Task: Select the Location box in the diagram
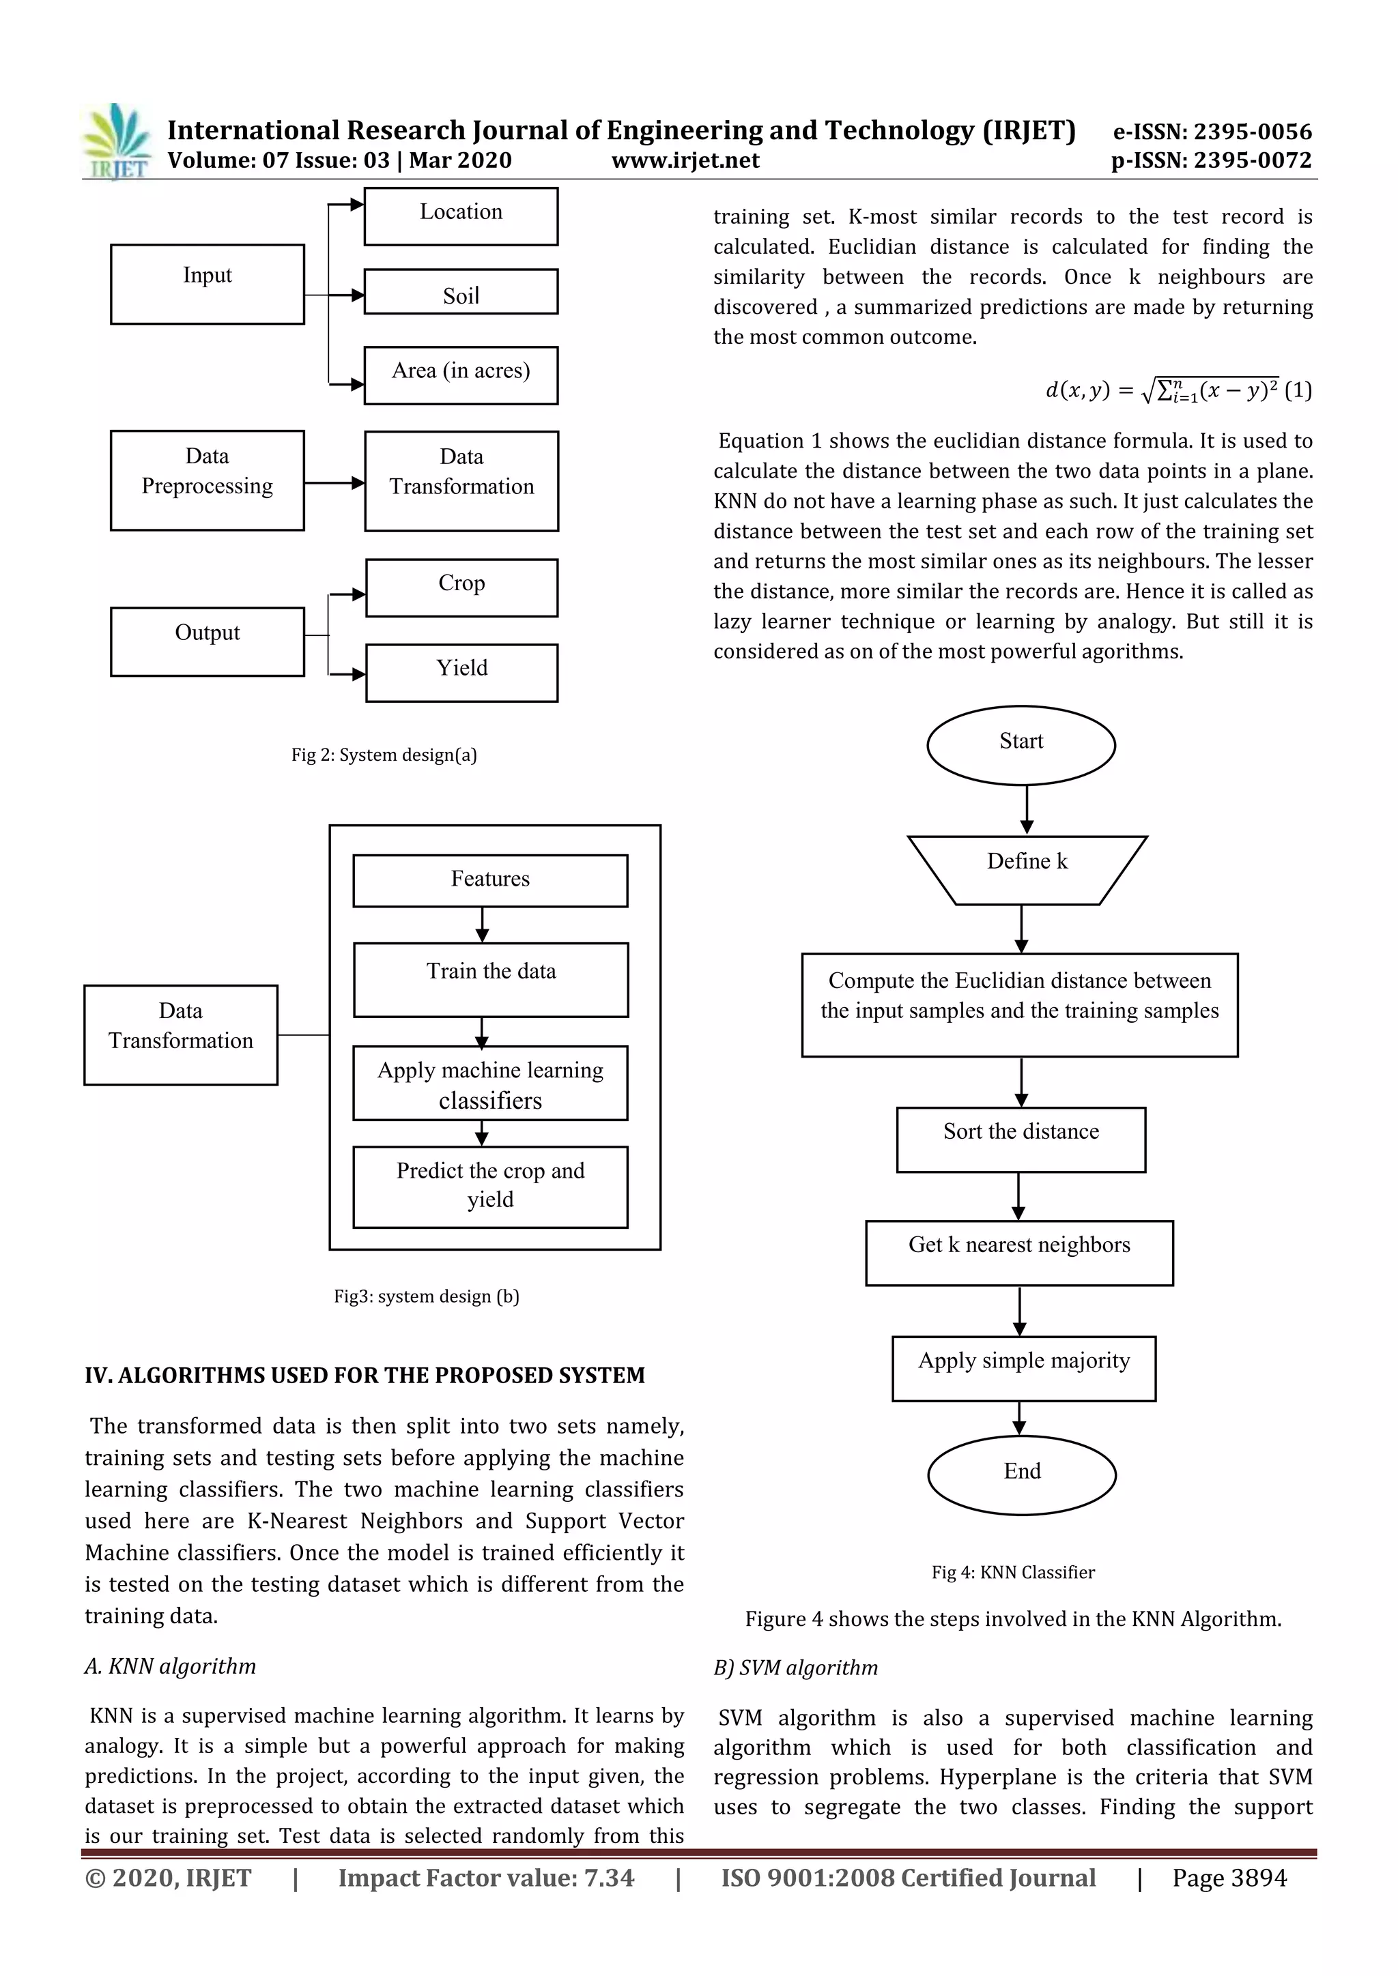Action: click(x=461, y=216)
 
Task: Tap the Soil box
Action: click(x=461, y=292)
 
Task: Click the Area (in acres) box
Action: click(x=461, y=375)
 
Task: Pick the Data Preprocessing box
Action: click(x=207, y=480)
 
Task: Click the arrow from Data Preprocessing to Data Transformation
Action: click(x=334, y=483)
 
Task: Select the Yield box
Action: click(x=461, y=672)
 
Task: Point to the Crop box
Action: click(x=461, y=587)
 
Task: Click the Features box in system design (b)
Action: click(x=490, y=880)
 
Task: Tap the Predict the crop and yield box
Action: click(x=490, y=1186)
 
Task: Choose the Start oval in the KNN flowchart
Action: click(x=1021, y=744)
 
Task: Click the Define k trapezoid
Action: click(x=1027, y=869)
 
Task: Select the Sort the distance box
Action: click(x=1021, y=1139)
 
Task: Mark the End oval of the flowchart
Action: click(x=1022, y=1474)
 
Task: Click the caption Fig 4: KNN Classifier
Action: click(x=1013, y=1572)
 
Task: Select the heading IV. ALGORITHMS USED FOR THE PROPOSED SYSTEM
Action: click(x=364, y=1376)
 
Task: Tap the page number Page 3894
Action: click(x=1229, y=1878)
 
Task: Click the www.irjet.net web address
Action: click(x=685, y=160)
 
